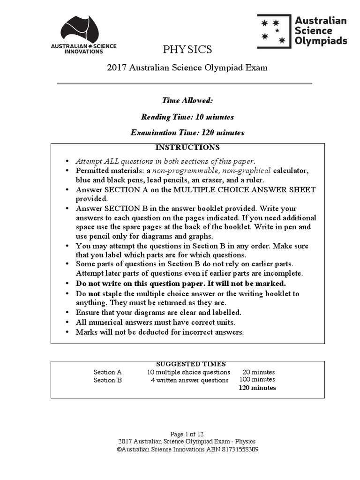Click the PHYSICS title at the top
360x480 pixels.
point(187,49)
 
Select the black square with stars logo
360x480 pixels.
point(273,31)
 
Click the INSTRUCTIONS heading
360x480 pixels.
point(187,147)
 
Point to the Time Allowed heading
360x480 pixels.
point(187,100)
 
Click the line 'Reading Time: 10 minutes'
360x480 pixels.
point(187,117)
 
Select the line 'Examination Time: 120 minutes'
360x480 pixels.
point(187,133)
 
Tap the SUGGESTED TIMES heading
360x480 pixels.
point(190,364)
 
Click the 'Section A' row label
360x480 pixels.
point(107,372)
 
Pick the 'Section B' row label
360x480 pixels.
point(107,380)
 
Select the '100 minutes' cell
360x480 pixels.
point(257,380)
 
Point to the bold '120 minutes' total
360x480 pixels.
point(257,388)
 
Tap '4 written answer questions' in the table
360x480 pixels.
point(189,380)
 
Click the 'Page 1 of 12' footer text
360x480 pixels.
point(187,434)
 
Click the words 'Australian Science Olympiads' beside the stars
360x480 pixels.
point(321,31)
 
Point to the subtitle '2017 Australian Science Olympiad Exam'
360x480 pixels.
point(187,67)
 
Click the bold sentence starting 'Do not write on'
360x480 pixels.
point(181,284)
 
